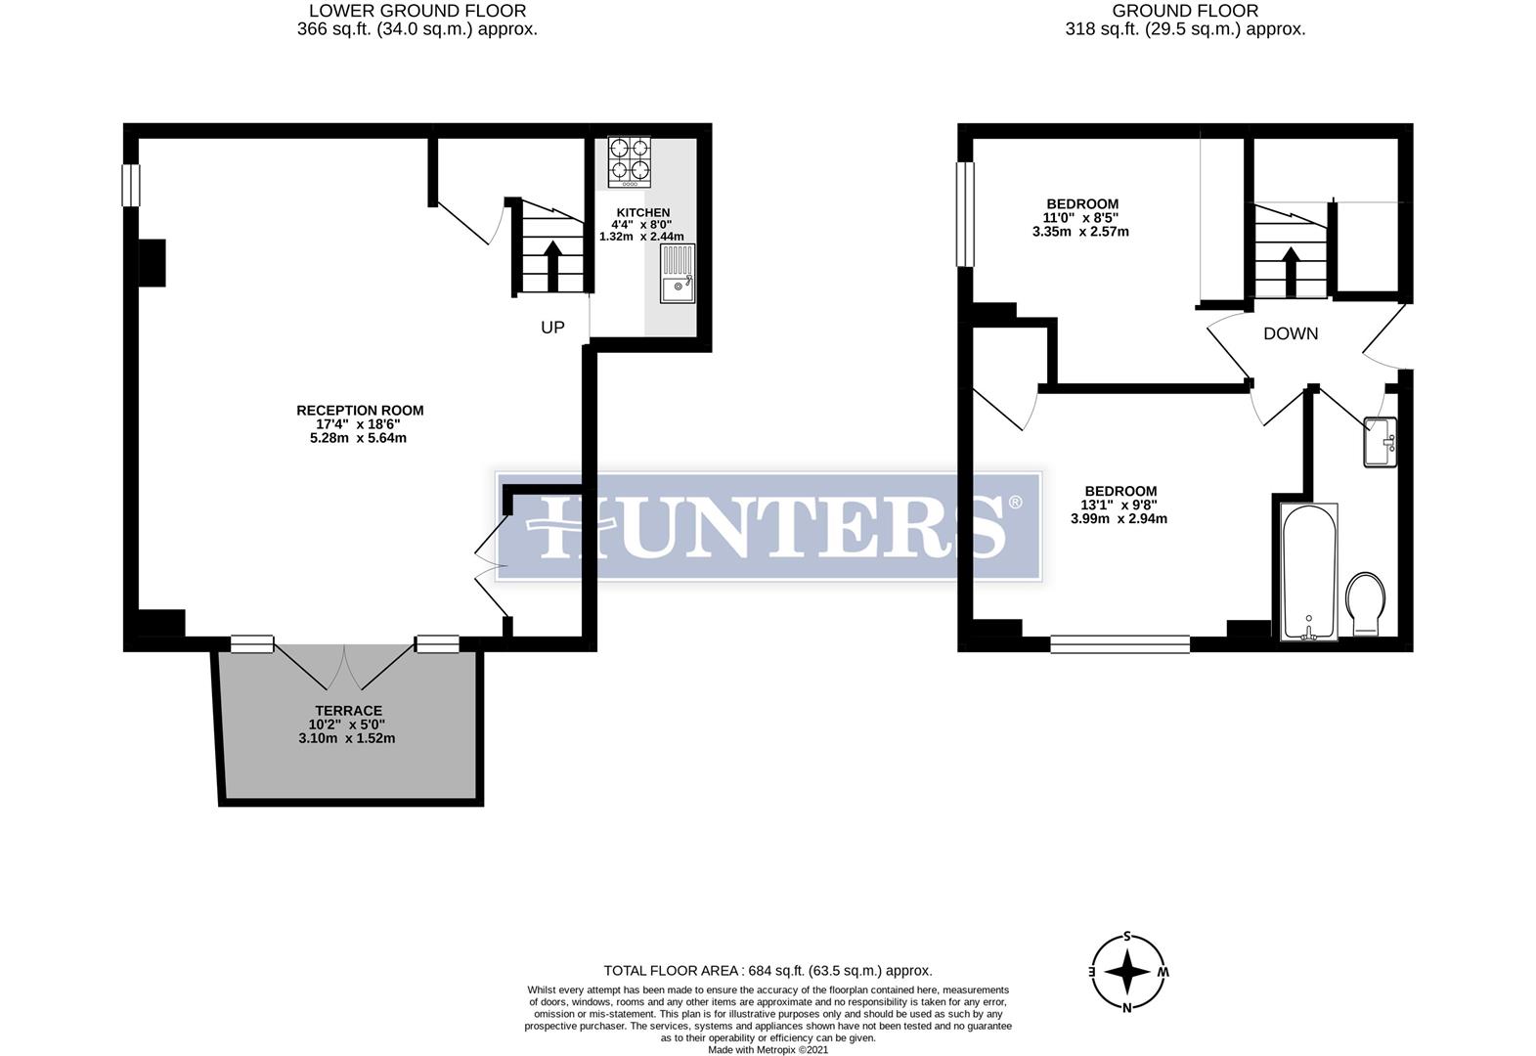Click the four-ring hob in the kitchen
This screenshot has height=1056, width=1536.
coord(630,161)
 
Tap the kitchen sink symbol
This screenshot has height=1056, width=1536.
coord(678,274)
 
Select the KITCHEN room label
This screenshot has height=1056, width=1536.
coord(642,212)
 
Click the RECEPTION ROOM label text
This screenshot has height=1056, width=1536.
coord(360,411)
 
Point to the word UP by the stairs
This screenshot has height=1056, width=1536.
coord(552,328)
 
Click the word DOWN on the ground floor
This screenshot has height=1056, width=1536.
coord(1291,333)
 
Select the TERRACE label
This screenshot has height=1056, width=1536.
coord(348,711)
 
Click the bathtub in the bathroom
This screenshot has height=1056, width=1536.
coord(1309,572)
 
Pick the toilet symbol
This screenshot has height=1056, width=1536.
coord(1366,603)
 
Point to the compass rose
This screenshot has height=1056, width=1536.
coord(1127,973)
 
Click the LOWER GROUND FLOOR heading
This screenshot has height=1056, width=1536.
coord(417,12)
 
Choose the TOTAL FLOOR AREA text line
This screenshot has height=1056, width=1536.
coord(768,971)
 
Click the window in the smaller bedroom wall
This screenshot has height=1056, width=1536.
coord(966,213)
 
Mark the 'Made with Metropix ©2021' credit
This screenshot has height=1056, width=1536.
coord(768,1049)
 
